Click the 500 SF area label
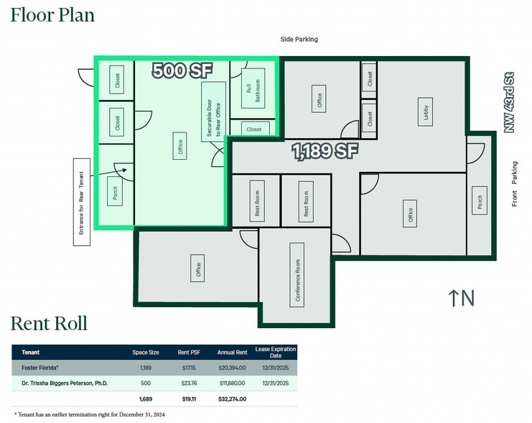[182, 70]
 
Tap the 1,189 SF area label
[325, 151]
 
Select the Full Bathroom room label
[253, 88]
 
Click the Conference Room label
[297, 275]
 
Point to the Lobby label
[426, 112]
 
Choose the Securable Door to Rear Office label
[213, 112]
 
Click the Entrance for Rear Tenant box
[82, 202]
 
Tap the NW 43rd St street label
[509, 102]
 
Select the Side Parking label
[299, 40]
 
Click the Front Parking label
[515, 184]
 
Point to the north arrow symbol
[453, 299]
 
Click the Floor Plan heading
[52, 15]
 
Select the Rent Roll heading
[49, 324]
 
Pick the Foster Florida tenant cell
[40, 368]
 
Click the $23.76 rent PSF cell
[189, 383]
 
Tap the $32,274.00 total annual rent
[233, 399]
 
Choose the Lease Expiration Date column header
[276, 352]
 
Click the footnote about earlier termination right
[90, 414]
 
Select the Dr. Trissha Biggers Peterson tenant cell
[65, 383]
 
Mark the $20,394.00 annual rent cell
[233, 368]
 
